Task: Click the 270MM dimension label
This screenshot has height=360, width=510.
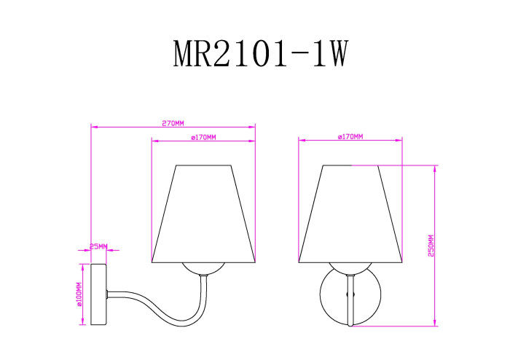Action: (x=173, y=122)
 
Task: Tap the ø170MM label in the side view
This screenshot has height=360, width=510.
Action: (x=203, y=136)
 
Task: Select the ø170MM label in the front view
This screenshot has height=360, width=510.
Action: (x=350, y=136)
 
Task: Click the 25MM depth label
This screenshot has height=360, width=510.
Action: (x=98, y=246)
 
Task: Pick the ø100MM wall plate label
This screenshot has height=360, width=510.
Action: (x=79, y=294)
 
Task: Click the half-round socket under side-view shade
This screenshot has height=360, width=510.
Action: (x=203, y=268)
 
